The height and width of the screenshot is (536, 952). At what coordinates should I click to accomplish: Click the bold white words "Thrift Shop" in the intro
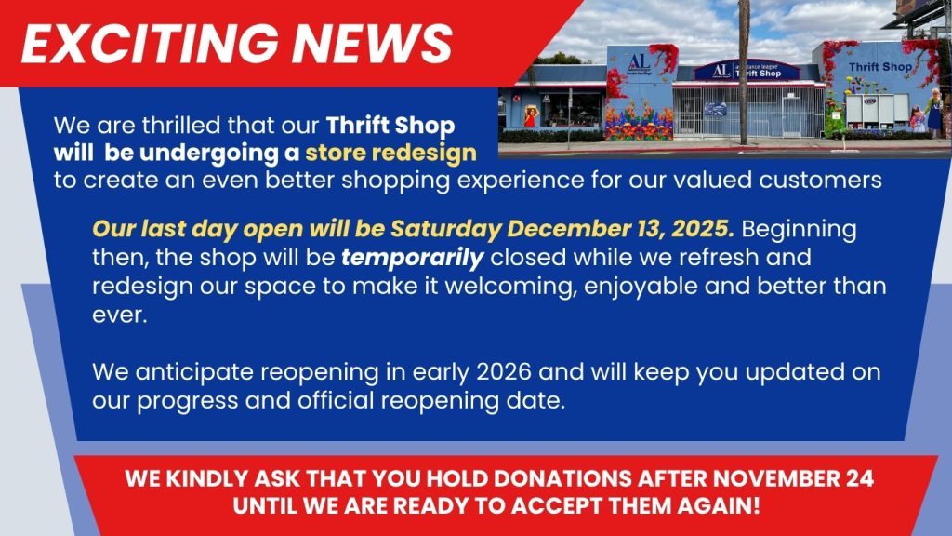390,125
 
